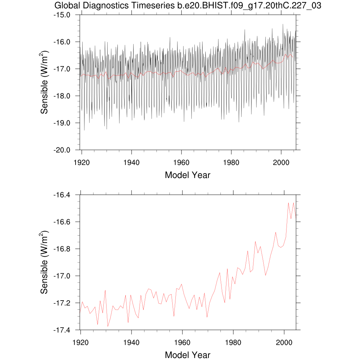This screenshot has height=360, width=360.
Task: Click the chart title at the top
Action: tap(188, 6)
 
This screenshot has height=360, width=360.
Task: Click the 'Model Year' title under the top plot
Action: tap(187, 175)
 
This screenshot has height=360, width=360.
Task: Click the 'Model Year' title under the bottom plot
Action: tap(187, 355)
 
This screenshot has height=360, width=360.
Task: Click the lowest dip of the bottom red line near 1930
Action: tap(108, 327)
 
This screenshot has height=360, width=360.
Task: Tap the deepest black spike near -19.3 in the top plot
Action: tap(84, 130)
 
